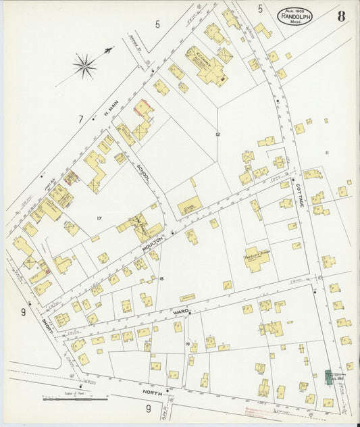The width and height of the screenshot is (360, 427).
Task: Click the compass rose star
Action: [x=84, y=66]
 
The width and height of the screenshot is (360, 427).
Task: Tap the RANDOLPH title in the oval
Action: [x=294, y=16]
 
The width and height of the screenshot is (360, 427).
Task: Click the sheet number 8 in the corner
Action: [x=341, y=16]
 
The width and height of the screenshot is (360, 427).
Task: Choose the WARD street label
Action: [x=181, y=311]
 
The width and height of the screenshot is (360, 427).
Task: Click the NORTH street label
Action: [x=153, y=391]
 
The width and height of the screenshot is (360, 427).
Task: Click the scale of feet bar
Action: [x=75, y=400]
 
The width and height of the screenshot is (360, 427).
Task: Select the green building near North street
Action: [x=331, y=377]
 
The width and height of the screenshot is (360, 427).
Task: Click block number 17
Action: [x=99, y=218]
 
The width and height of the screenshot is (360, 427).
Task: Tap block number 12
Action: [x=217, y=134]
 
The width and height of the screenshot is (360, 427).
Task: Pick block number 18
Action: [x=162, y=278]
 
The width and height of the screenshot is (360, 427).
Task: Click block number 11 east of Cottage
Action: [x=328, y=153]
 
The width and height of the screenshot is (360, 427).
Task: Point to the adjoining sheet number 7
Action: [x=80, y=120]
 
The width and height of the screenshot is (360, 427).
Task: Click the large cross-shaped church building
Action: [x=206, y=68]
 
